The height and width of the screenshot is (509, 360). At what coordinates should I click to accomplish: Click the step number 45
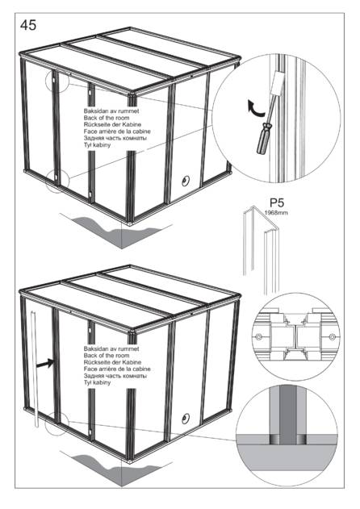coord(28,25)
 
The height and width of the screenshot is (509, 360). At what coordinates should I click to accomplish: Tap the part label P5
coord(277,202)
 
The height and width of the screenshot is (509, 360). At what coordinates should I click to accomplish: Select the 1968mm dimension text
coord(276,213)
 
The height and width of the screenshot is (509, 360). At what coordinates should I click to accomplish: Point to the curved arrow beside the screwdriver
coord(254,108)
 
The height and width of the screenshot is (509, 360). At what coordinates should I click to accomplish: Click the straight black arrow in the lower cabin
coord(44,363)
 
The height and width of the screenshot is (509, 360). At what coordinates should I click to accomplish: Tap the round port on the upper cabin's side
coord(186,181)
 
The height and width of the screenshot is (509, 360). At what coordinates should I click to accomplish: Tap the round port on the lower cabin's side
coord(186,419)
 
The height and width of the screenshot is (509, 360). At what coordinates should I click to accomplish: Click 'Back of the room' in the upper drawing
coord(107,118)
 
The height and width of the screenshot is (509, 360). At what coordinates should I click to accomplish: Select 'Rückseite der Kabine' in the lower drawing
coord(112,362)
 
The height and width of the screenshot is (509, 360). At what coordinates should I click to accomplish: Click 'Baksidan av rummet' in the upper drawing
coord(111,111)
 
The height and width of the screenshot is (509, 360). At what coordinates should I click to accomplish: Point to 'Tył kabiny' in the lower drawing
coord(97,382)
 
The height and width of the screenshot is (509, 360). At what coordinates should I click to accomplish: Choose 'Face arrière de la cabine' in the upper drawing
coord(117,131)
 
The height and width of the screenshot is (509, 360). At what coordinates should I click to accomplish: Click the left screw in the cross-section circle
coord(258,337)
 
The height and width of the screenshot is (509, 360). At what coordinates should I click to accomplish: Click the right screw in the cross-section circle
coord(332,337)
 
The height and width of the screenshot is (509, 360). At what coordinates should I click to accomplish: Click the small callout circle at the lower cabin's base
coord(57,423)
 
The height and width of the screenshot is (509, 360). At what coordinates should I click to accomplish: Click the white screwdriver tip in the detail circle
coord(277,83)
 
